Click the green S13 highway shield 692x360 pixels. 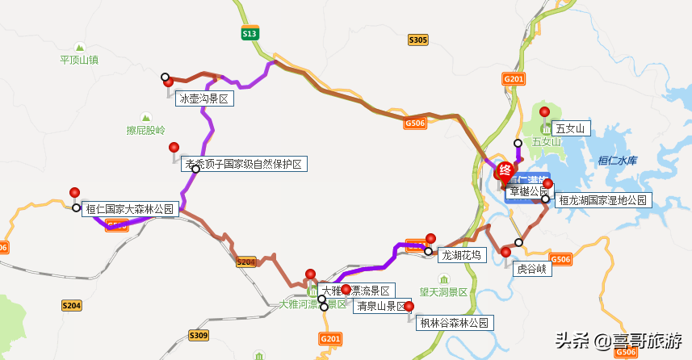[250, 33]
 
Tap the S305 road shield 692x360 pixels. [418, 40]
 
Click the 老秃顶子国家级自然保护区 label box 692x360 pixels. [244, 164]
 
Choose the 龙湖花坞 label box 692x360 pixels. [461, 255]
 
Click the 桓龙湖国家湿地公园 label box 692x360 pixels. [602, 200]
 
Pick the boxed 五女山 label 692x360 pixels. [572, 128]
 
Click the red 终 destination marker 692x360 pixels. [505, 170]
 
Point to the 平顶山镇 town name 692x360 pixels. [79, 60]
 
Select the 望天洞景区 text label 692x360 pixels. [443, 291]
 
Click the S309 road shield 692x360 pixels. [199, 335]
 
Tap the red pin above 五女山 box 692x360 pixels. [545, 113]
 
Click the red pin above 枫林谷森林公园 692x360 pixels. [409, 307]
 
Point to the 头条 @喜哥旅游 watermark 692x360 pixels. [617, 341]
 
